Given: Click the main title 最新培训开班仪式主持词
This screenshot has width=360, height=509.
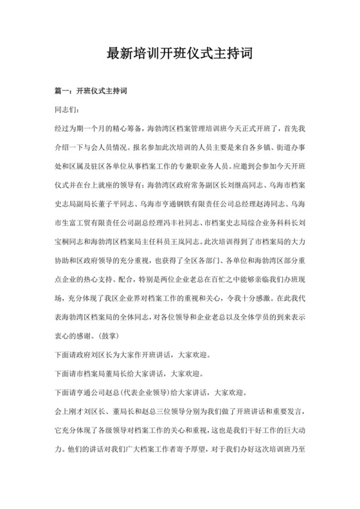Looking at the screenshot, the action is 179,54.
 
